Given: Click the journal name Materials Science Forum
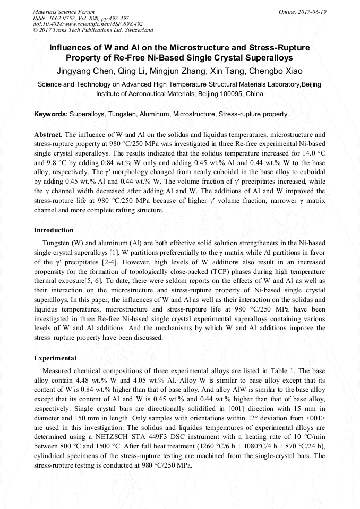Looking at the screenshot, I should (x=64, y=12).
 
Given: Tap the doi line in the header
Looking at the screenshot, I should (x=88, y=24).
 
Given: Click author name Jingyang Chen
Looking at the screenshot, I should (x=80, y=71).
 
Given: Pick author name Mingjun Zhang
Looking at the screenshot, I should (x=172, y=71).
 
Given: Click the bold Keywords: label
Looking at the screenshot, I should (x=51, y=114).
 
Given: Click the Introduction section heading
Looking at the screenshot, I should (x=54, y=230).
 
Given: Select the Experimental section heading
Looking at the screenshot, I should (x=55, y=358).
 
